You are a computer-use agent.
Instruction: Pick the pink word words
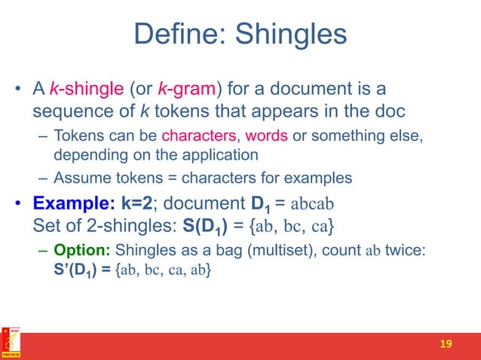(x=266, y=138)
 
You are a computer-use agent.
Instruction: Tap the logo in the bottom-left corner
(x=11, y=342)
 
